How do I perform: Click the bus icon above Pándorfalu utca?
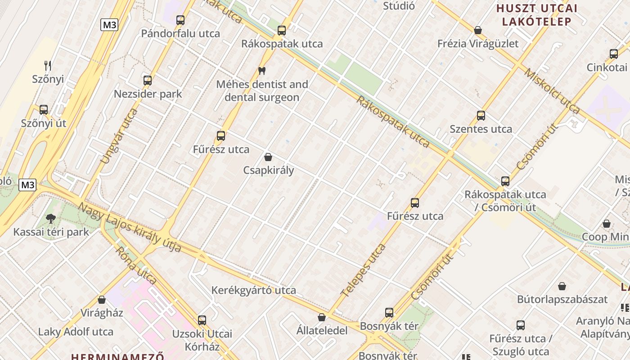pyautogui.click(x=180, y=20)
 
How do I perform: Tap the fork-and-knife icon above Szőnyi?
pyautogui.click(x=48, y=66)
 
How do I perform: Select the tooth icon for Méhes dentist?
pyautogui.click(x=261, y=71)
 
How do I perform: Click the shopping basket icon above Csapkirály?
pyautogui.click(x=268, y=157)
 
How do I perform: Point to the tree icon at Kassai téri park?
pyautogui.click(x=51, y=219)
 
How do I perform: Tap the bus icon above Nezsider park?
pyautogui.click(x=148, y=81)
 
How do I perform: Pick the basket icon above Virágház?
pyautogui.click(x=102, y=300)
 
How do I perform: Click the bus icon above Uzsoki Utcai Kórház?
pyautogui.click(x=202, y=320)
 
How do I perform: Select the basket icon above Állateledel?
pyautogui.click(x=322, y=317)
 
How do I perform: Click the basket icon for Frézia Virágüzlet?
pyautogui.click(x=478, y=30)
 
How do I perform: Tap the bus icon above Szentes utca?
pyautogui.click(x=481, y=116)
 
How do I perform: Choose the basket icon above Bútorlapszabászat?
pyautogui.click(x=562, y=286)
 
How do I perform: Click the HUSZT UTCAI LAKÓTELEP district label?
pyautogui.click(x=536, y=15)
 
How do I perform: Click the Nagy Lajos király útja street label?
pyautogui.click(x=130, y=228)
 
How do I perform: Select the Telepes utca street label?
pyautogui.click(x=363, y=270)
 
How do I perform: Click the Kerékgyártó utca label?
pyautogui.click(x=254, y=290)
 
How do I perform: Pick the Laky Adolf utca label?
pyautogui.click(x=76, y=332)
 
